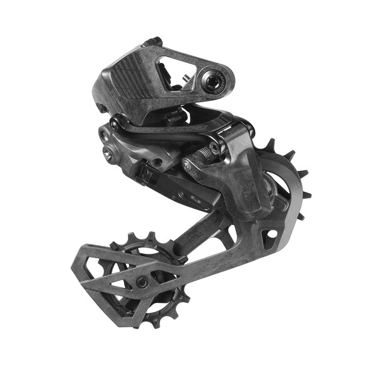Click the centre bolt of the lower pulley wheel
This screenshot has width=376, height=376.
143,283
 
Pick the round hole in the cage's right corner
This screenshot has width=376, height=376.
271,234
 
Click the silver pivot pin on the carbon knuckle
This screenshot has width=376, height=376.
187,165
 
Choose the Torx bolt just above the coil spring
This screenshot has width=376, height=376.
215,147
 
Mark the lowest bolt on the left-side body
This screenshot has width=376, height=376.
110,154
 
